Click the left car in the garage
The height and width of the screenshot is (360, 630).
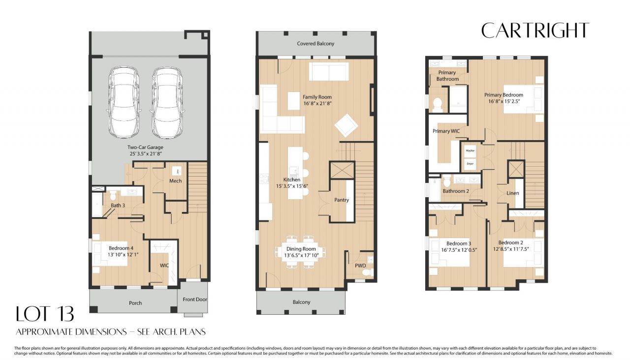tap(123, 102)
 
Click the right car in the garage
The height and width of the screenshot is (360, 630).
tap(167, 102)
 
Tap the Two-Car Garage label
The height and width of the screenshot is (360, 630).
tap(145, 147)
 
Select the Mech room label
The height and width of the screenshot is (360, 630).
tap(175, 181)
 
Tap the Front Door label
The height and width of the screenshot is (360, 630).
tap(195, 300)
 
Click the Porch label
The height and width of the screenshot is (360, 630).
tap(135, 303)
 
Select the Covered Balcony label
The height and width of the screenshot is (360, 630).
tap(315, 44)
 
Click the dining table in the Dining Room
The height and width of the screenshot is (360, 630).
tap(301, 252)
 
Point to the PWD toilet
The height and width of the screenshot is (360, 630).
tap(365, 272)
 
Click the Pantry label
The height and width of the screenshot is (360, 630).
tap(342, 200)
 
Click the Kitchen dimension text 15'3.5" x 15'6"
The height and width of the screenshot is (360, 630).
tap(292, 186)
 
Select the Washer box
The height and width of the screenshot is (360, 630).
tap(470, 150)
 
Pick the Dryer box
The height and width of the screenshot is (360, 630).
tap(470, 162)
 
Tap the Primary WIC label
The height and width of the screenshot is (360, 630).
tap(446, 131)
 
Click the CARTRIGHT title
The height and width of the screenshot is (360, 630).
tap(535, 30)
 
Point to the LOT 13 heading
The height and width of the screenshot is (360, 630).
tap(45, 314)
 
